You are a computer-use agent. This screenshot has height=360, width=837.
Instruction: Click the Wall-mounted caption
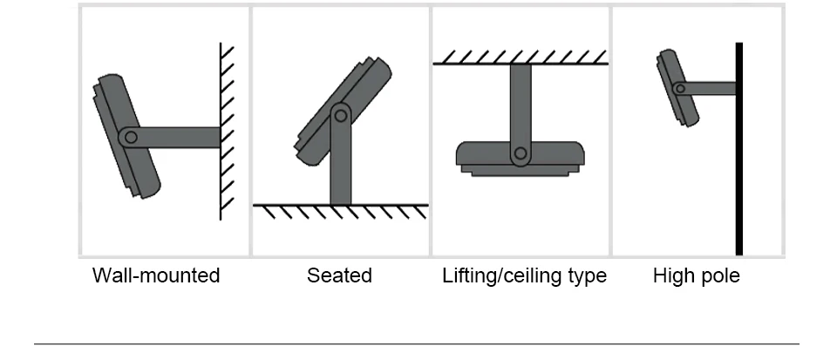156,276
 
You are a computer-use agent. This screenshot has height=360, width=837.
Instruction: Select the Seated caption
339,276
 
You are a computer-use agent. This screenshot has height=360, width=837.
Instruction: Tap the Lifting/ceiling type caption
524,276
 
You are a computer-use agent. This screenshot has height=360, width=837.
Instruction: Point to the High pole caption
696,276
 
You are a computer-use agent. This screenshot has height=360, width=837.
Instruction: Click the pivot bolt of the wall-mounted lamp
130,136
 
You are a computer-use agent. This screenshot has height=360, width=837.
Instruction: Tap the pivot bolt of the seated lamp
340,113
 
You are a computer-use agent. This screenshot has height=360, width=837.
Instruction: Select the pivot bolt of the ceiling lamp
521,154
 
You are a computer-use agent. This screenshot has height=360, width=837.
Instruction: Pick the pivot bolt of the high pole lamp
679,87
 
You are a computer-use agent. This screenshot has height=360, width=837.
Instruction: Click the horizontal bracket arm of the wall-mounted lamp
179,137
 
